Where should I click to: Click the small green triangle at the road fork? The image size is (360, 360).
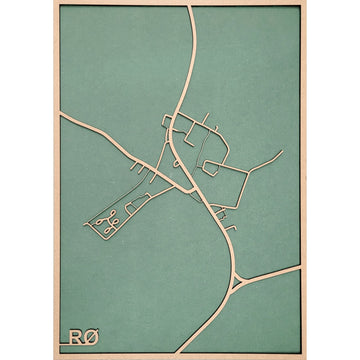(237, 282)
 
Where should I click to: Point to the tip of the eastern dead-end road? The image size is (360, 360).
(283, 153)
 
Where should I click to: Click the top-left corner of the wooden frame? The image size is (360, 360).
(54, 3)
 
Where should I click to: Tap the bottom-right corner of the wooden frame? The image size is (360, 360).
(305, 356)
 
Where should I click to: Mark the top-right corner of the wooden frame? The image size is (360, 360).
(305, 3)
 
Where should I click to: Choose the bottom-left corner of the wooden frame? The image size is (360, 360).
(54, 356)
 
